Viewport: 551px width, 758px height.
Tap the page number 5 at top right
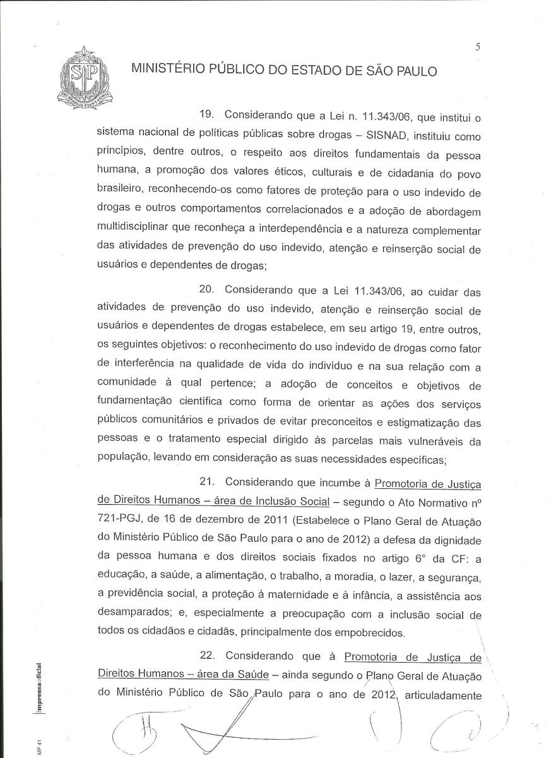[x=478, y=45]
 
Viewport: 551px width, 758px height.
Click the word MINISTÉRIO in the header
[x=167, y=70]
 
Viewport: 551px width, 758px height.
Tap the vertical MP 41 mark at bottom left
[x=39, y=745]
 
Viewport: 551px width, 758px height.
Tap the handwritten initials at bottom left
[x=139, y=726]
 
